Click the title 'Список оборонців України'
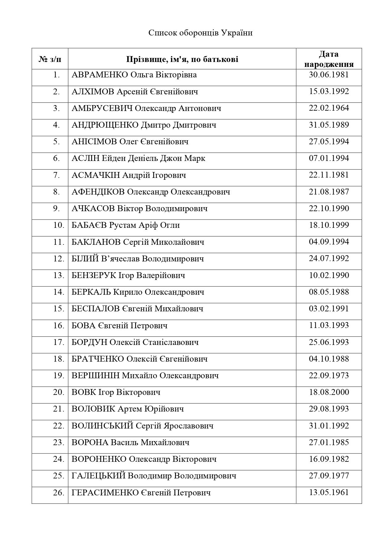pos(200,33)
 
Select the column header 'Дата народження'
pos(329,59)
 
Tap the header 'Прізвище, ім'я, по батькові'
pos(182,59)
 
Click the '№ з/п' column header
pos(50,59)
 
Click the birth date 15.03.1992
pos(329,92)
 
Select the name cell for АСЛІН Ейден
pos(138,158)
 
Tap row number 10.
pos(58,225)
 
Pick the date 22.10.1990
pos(329,208)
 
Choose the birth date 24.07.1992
pos(329,258)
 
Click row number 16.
pos(58,325)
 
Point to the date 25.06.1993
pos(329,342)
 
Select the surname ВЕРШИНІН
pos(95,375)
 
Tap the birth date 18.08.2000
pos(329,392)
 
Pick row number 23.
pos(58,442)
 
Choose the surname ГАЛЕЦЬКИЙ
pos(98,476)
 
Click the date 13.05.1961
pos(329,492)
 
